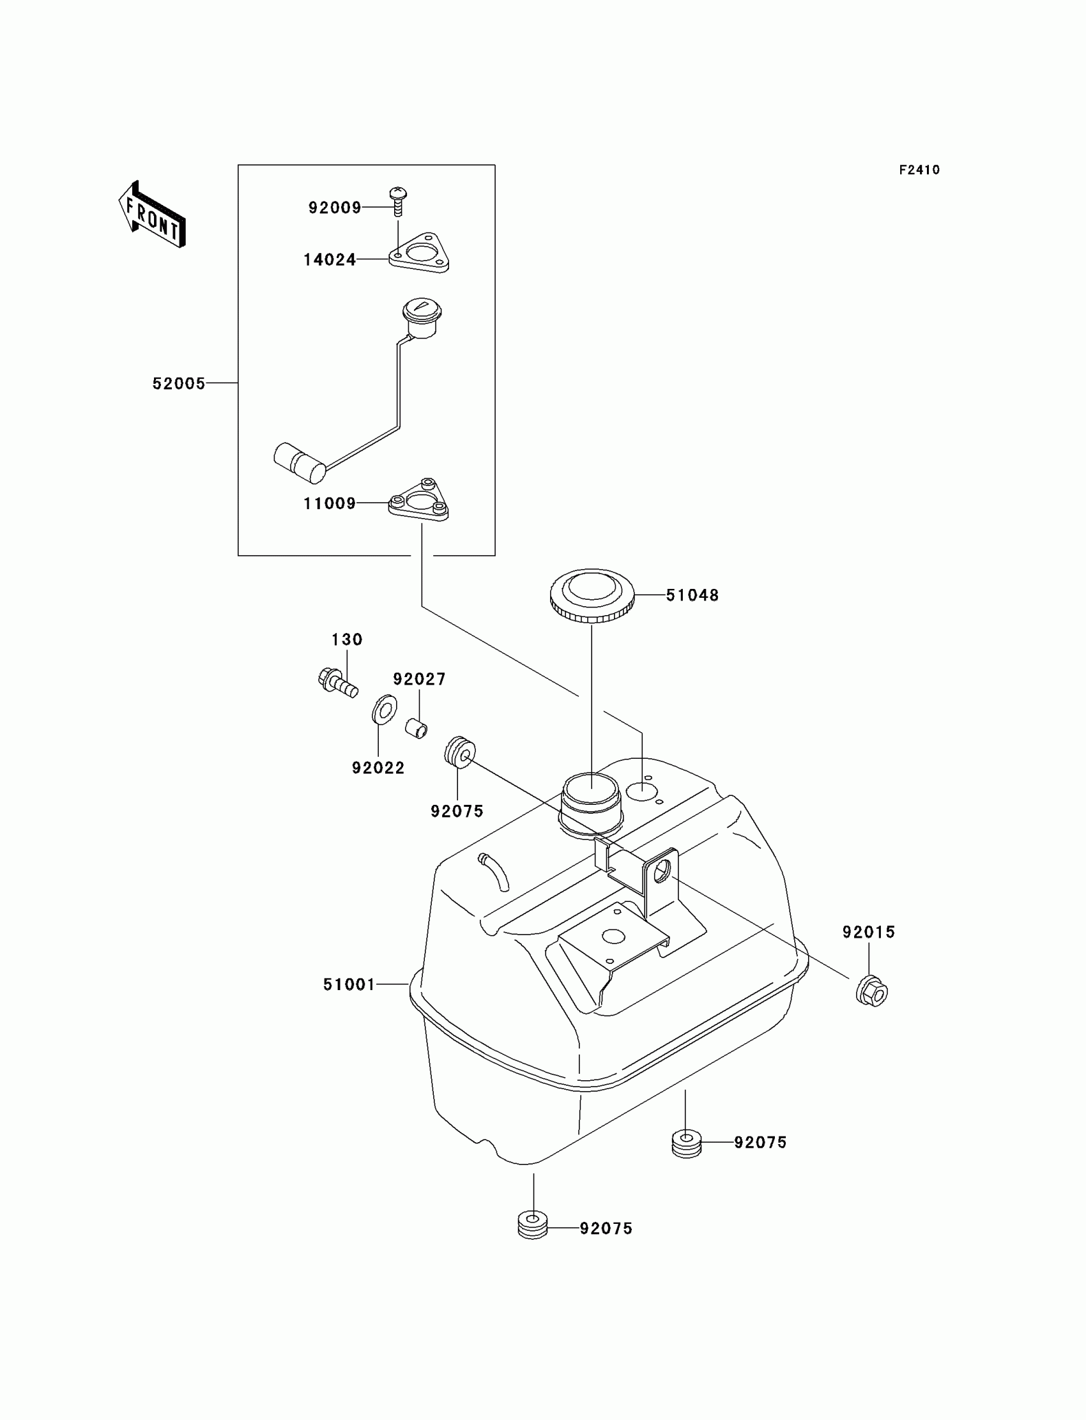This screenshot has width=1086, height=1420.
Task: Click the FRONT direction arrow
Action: tap(152, 215)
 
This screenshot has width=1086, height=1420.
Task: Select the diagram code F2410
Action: tap(919, 170)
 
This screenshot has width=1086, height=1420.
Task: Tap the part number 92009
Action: tap(334, 208)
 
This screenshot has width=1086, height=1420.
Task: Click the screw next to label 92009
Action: tap(397, 199)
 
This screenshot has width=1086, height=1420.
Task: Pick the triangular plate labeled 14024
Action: tap(420, 254)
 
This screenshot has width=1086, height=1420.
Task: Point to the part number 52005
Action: tap(178, 383)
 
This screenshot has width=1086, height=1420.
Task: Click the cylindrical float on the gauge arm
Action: tap(300, 462)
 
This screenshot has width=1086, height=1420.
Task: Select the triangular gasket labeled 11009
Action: tap(419, 501)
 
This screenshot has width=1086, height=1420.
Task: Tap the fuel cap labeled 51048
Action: tap(592, 595)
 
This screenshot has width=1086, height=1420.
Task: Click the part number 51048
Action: tap(692, 595)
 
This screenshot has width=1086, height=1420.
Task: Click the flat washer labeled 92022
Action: tap(384, 709)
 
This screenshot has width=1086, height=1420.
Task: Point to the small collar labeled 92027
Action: tap(417, 728)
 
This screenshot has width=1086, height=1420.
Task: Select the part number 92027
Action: tap(419, 678)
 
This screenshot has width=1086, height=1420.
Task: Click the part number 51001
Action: tap(349, 984)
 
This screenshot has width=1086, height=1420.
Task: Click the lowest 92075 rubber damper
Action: tap(533, 1221)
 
